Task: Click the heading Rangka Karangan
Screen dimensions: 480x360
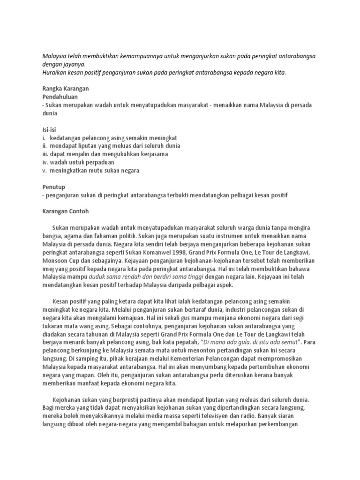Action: pos(66,89)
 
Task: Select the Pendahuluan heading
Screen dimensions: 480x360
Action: pos(60,97)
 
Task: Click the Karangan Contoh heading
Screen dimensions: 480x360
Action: pos(66,211)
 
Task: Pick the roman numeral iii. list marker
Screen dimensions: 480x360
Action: pos(45,154)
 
